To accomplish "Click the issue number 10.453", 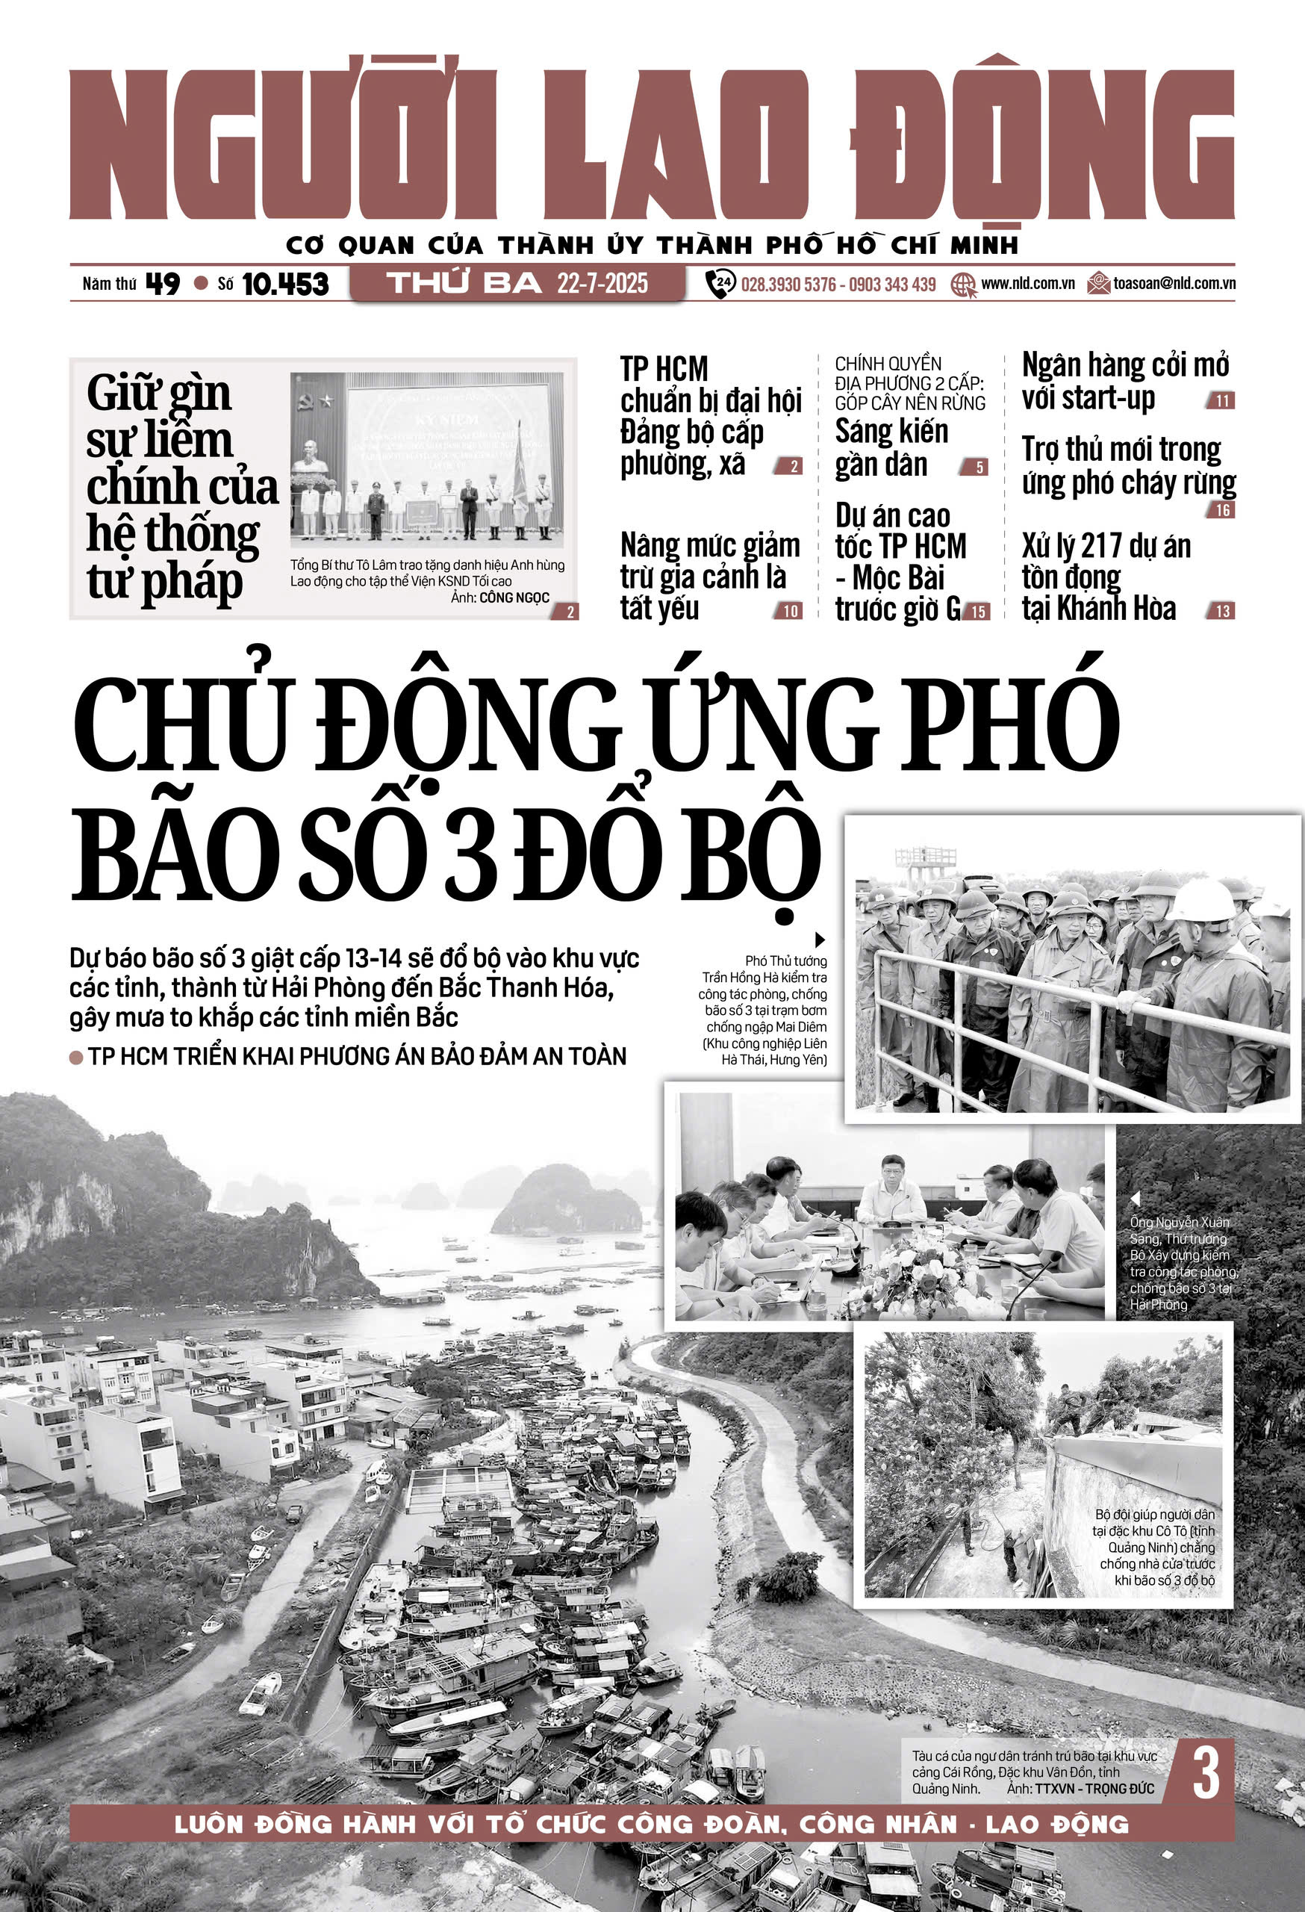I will tap(284, 285).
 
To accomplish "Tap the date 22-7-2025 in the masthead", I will tap(602, 284).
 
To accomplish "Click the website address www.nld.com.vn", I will tap(1027, 284).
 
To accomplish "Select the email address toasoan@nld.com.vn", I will tap(1174, 284).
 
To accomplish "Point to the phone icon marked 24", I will tap(720, 284).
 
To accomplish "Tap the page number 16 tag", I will tap(1223, 511).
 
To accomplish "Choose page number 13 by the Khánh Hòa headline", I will tap(1223, 611).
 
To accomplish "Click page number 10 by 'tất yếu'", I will tap(790, 611).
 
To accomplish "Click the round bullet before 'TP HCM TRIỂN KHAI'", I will tap(76, 1057).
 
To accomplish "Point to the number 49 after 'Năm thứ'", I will tap(162, 284).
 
